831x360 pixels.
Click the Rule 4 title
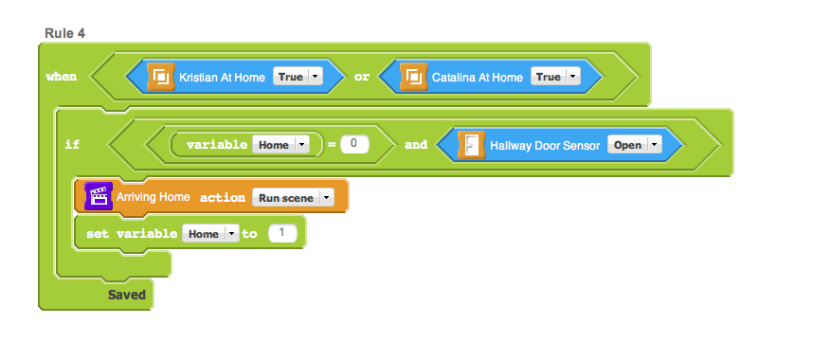64,33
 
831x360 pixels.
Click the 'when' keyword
61,77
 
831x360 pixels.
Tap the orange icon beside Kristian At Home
160,77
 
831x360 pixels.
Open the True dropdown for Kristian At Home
298,77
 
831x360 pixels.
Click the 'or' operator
361,77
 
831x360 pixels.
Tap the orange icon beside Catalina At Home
413,77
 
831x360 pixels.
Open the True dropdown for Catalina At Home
555,77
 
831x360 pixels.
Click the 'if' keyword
72,145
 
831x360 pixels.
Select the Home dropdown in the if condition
280,145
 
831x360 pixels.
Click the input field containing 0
354,144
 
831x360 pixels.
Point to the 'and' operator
416,145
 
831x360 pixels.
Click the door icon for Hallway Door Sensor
472,145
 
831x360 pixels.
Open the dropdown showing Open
635,145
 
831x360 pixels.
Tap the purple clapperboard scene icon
99,197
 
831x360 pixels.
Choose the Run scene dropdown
293,198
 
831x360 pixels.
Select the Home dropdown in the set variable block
211,234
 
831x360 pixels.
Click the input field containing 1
283,233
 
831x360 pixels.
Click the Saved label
127,295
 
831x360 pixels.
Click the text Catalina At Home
478,78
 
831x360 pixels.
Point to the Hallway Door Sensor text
545,145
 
